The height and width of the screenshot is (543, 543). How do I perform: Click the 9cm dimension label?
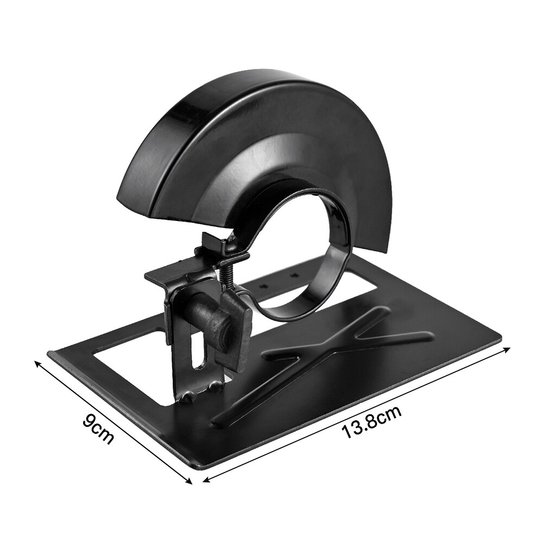pos(98,429)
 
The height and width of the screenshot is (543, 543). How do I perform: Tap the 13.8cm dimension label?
pos(372,424)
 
